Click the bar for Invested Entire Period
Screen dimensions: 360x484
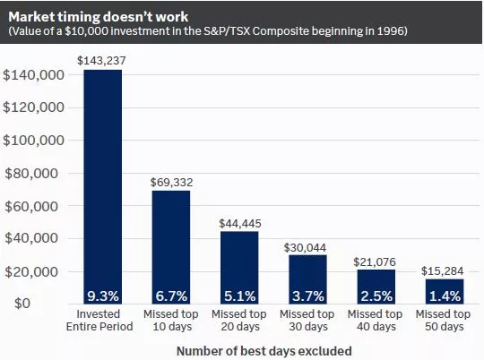coord(102,179)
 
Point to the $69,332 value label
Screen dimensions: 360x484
coord(170,182)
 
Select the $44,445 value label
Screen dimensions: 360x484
coord(238,223)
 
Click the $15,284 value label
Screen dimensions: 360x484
coord(443,270)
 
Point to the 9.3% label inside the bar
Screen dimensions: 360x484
coord(102,295)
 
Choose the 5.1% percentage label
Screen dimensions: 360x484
coord(238,295)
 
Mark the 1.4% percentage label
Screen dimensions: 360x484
coord(443,295)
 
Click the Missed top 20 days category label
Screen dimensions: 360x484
coord(238,321)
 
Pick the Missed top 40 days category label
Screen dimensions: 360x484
coord(375,321)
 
